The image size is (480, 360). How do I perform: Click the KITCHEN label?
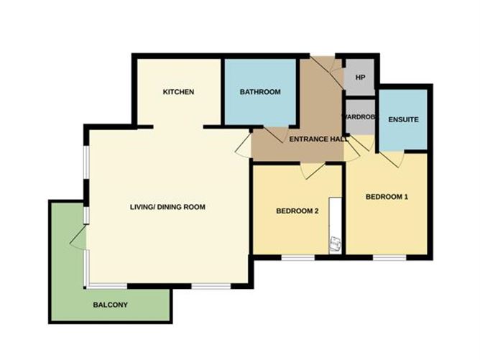[178, 92]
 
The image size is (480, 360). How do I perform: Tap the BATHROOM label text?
[260, 92]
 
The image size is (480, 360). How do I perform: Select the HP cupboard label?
[360, 78]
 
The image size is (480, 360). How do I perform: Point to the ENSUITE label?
[403, 119]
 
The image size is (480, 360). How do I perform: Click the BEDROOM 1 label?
[387, 197]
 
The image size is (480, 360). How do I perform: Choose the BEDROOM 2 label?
[297, 211]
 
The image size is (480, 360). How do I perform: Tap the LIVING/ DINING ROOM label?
[167, 207]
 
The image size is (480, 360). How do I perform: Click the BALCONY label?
[110, 305]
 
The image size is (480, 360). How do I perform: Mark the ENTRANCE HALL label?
[318, 139]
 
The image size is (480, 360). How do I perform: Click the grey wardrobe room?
[360, 117]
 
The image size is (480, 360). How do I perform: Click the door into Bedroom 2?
[313, 171]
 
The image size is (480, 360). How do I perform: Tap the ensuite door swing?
[392, 159]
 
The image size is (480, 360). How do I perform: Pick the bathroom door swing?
[275, 134]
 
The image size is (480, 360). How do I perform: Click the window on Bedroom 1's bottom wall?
[389, 258]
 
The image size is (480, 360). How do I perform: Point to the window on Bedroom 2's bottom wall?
[298, 258]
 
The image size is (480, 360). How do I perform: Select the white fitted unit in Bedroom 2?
[335, 226]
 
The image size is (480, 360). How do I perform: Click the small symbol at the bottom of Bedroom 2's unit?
[335, 244]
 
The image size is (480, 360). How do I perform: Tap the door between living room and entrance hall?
[244, 146]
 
